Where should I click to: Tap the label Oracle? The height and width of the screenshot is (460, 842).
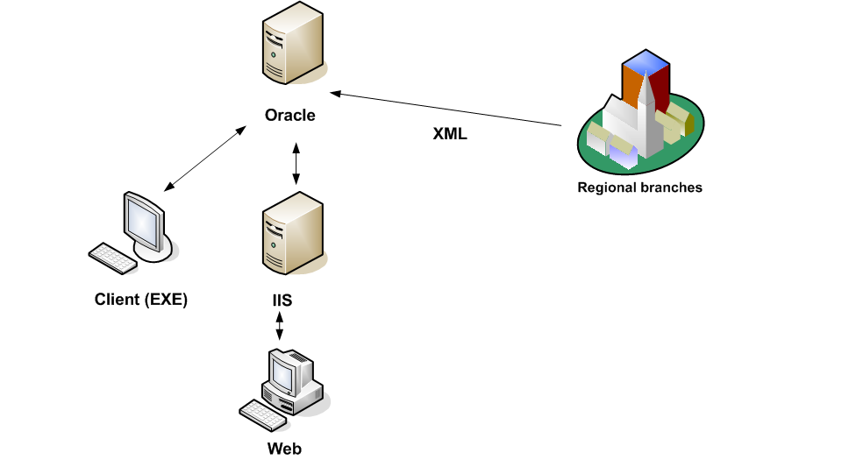[x=290, y=116]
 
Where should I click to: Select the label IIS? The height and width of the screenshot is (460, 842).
[x=282, y=301]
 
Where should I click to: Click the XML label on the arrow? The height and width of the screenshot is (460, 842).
[x=450, y=134]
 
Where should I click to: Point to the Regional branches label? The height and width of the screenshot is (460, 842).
[x=639, y=187]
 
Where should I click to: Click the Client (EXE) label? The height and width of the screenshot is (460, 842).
[x=141, y=300]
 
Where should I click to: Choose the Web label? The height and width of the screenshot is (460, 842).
[x=284, y=449]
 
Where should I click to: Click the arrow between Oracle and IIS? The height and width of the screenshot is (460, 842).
[x=296, y=163]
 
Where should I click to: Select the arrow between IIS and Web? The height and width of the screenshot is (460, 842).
[x=280, y=328]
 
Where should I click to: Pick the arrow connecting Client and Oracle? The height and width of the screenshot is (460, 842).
[x=204, y=159]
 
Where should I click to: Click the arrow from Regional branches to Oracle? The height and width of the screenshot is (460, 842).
[x=446, y=109]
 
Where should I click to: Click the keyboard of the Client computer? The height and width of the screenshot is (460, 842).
[x=111, y=258]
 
